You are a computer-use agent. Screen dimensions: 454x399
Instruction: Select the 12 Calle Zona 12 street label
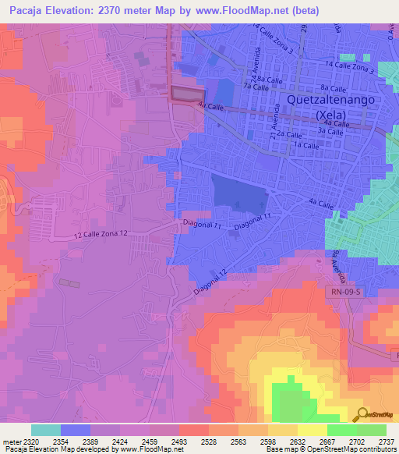(101, 233)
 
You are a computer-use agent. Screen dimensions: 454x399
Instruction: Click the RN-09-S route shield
(342, 291)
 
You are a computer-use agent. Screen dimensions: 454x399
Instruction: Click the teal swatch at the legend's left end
(45, 430)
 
